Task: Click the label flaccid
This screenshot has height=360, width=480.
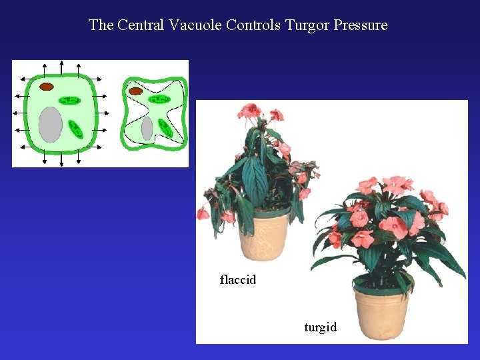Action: click(238, 280)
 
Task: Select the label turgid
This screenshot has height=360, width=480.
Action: click(320, 327)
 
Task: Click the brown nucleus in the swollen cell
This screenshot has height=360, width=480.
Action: click(47, 87)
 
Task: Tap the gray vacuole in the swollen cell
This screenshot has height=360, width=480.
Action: click(50, 124)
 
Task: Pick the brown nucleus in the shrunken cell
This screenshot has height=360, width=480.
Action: click(135, 91)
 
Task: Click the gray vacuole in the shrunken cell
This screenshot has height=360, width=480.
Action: click(147, 128)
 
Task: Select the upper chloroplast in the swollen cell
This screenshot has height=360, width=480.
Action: click(69, 101)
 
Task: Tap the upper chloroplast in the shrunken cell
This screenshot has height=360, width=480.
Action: click(159, 99)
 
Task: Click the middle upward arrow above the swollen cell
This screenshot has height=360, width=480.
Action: click(61, 67)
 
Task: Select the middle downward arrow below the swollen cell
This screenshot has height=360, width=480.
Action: click(61, 160)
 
